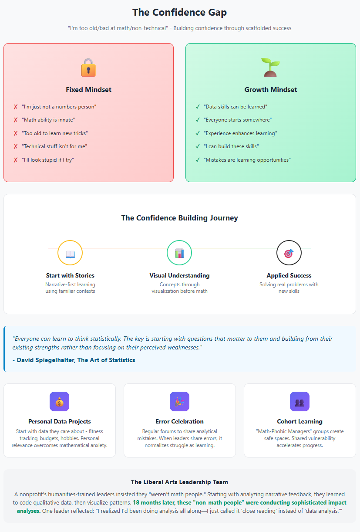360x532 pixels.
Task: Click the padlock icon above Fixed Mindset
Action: pos(88,68)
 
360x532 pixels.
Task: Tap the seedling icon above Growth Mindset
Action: pos(270,67)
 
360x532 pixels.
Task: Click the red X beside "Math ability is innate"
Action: pos(16,120)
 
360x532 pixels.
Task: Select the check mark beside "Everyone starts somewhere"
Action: pos(198,120)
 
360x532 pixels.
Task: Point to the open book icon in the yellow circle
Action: pos(70,254)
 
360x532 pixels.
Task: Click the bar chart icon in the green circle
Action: pos(179,253)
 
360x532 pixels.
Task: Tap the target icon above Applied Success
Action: pos(289,253)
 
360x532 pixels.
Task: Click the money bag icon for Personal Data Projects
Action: pos(59,402)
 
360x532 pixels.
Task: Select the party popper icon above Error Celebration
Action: pos(179,402)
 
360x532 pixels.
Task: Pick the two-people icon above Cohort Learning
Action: pos(299,402)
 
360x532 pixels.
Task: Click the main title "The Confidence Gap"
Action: pos(180,12)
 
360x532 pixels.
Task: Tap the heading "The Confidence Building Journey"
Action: pos(180,218)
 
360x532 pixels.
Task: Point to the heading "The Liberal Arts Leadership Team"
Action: pos(179,482)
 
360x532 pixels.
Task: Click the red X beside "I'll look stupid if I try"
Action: pos(16,160)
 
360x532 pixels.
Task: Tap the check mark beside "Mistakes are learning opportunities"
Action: pos(198,160)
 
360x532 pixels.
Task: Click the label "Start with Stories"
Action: pos(70,275)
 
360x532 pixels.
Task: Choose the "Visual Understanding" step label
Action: pos(179,275)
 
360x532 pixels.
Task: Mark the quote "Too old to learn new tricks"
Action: pos(55,133)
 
